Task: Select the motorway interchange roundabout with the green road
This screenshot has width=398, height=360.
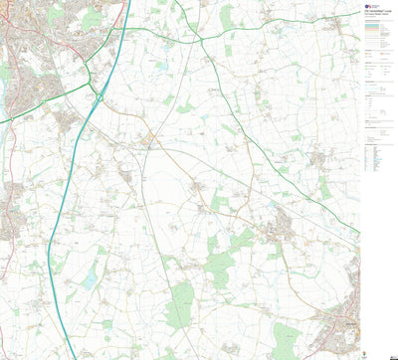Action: click(x=99, y=92)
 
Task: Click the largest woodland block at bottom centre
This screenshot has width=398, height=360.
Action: click(x=180, y=303)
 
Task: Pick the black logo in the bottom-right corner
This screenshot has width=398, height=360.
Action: click(x=384, y=353)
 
